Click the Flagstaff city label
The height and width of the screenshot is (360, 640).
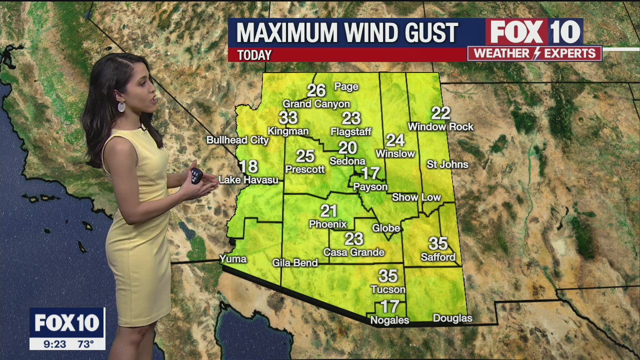pos(351,132)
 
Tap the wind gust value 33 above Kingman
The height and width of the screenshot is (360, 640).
pos(288,118)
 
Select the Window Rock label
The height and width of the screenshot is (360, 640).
pos(440,127)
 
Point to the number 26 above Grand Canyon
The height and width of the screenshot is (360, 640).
pos(316,90)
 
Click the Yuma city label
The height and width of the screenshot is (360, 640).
pos(233,258)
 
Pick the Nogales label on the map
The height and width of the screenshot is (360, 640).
pos(389,320)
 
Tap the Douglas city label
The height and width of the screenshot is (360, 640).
pos(452,318)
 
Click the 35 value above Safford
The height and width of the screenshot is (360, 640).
pos(438,243)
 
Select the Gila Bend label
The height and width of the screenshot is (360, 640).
pos(295,262)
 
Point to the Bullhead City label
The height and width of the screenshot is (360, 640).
pos(238,140)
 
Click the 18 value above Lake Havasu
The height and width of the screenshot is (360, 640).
pos(248,166)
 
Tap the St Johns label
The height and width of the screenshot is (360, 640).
pos(447,164)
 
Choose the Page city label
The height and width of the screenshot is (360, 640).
pos(346,86)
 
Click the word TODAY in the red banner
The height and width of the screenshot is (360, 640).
pos(254,55)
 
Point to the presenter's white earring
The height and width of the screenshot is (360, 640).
pos(121,106)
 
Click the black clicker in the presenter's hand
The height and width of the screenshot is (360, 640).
pos(196,176)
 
